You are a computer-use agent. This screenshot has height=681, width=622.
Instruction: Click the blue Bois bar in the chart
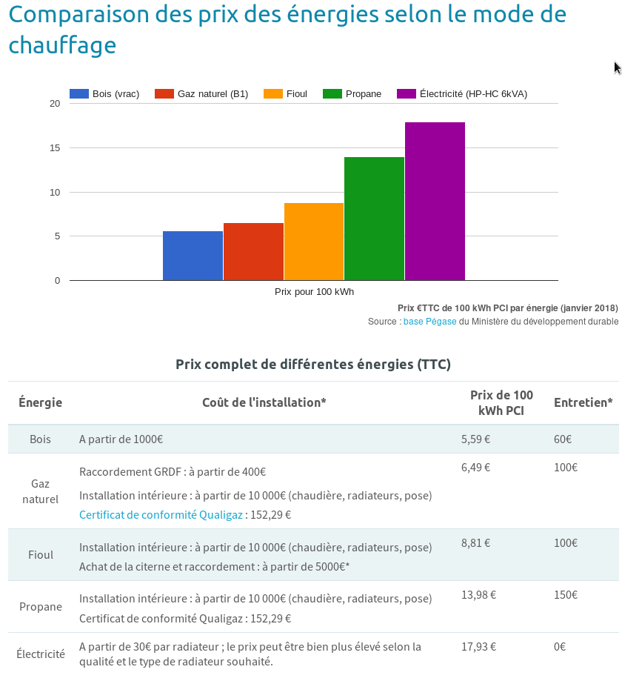tap(193, 256)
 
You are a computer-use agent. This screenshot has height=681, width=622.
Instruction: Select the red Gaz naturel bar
tap(253, 252)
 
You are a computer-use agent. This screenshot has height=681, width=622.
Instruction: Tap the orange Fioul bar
tap(314, 242)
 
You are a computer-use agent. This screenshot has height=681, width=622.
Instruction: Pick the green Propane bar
tap(374, 219)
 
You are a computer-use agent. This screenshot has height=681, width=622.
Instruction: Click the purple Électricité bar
tap(435, 201)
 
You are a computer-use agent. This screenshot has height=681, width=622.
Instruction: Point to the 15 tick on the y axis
tap(55, 147)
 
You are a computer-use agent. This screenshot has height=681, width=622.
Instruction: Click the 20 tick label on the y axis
tap(55, 103)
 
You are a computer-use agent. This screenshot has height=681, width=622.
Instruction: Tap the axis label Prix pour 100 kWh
tap(314, 292)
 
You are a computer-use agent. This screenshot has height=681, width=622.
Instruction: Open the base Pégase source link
tap(429, 322)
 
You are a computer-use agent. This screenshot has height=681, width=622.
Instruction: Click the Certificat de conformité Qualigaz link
tap(161, 515)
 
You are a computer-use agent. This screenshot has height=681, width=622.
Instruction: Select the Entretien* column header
tap(583, 403)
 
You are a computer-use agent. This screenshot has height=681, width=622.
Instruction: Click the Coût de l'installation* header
tap(264, 403)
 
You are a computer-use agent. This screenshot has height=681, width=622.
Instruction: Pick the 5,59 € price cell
tap(475, 439)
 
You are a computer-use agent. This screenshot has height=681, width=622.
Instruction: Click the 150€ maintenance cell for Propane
tap(566, 595)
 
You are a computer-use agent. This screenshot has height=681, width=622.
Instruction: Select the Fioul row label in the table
tap(41, 555)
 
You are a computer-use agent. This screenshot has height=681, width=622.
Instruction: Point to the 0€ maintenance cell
tap(560, 647)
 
